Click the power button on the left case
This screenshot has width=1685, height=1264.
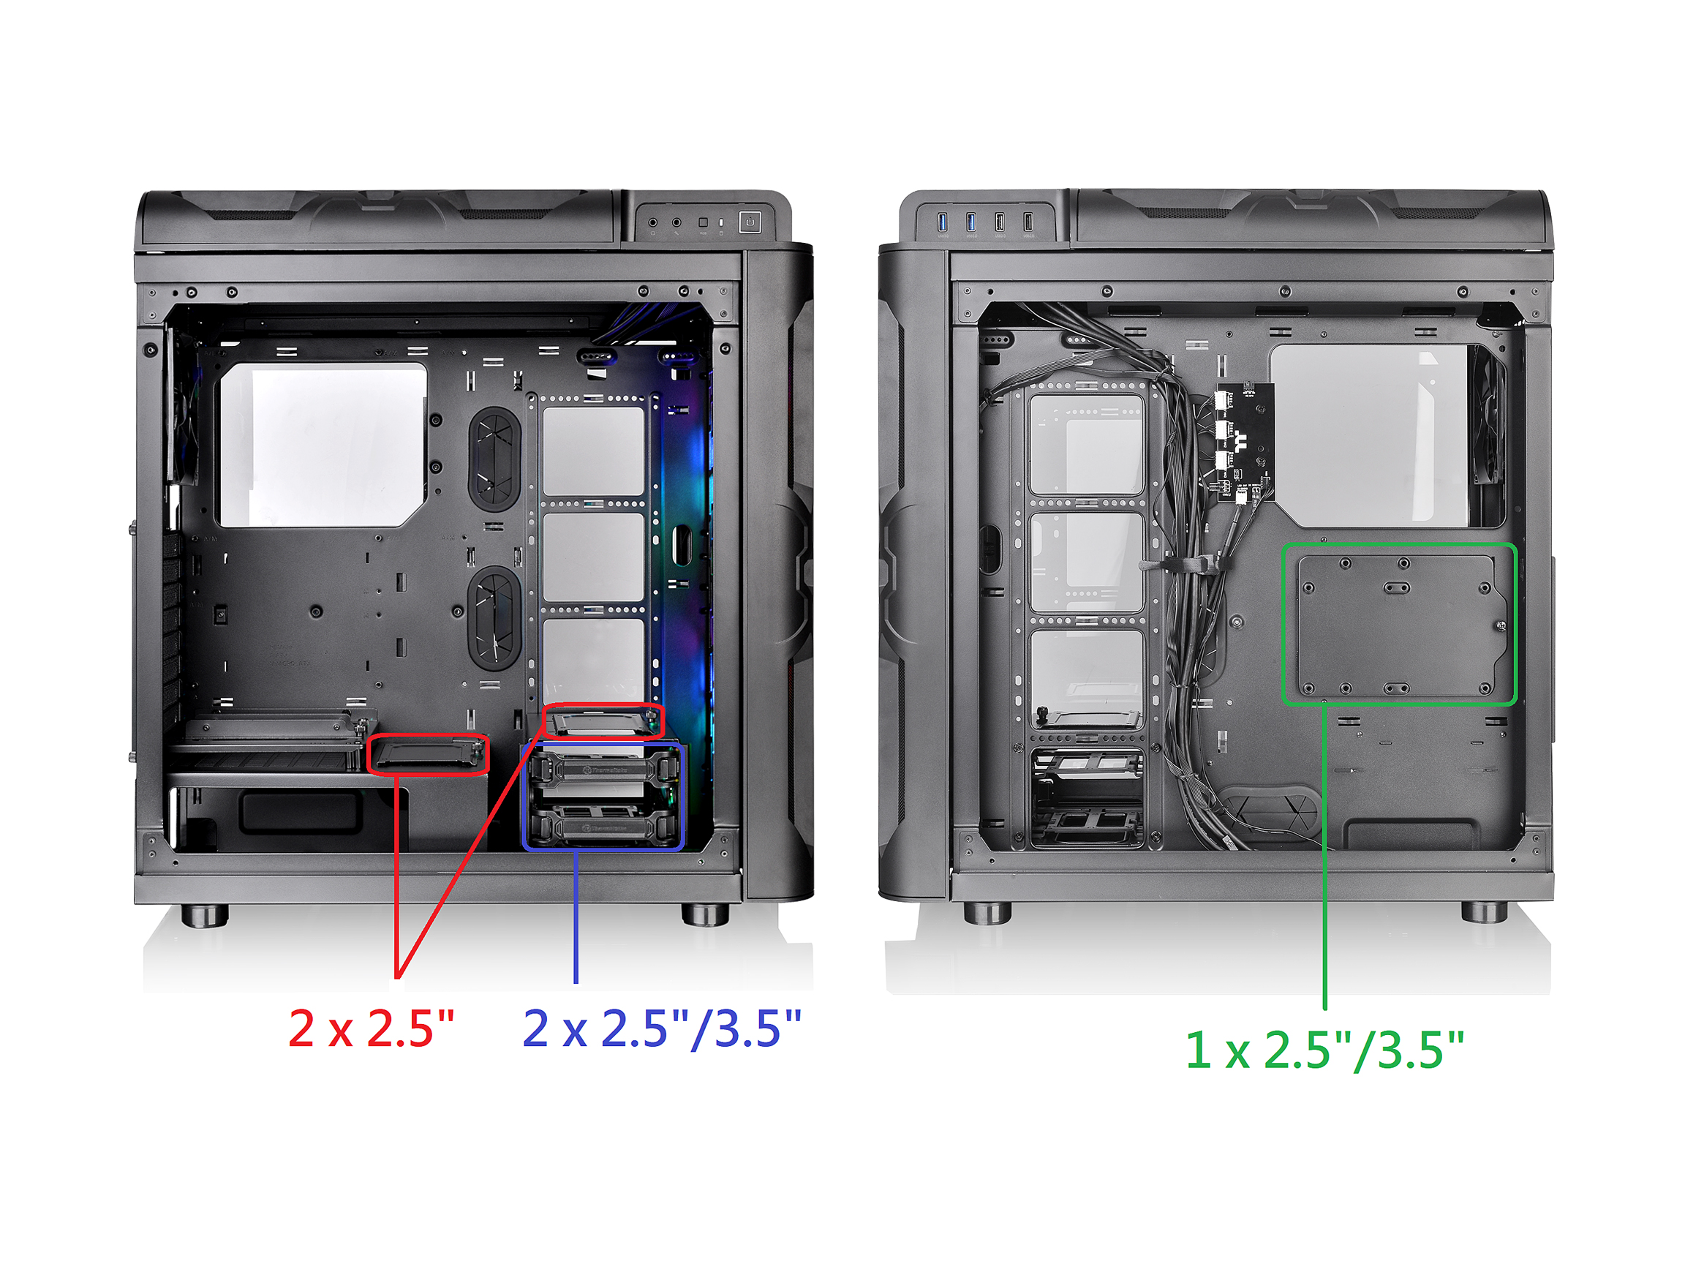tap(750, 222)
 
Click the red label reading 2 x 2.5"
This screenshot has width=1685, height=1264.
tap(371, 1028)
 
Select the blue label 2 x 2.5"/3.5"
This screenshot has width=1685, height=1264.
tap(662, 1028)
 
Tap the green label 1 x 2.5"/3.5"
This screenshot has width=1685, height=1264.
tap(1324, 1050)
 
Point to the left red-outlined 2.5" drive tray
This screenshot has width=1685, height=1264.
tap(428, 754)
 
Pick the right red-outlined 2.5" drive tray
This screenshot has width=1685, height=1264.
tap(603, 721)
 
